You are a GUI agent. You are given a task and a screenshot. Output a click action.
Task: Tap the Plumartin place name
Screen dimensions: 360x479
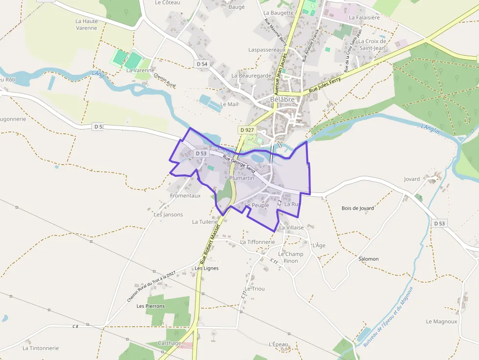[242, 178]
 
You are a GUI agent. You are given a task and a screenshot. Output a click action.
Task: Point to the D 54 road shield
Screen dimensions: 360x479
[202, 64]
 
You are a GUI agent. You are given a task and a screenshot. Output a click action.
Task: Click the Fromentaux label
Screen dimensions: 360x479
[185, 196]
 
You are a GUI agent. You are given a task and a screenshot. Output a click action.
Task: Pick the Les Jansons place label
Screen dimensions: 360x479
[168, 214]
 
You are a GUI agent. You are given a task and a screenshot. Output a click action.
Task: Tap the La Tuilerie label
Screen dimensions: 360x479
[205, 222]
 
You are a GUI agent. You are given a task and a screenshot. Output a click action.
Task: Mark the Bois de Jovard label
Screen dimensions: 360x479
[358, 208]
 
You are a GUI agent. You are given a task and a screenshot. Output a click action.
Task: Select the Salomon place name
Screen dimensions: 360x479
[369, 259]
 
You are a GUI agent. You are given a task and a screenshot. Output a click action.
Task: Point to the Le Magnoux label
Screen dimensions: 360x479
[441, 321]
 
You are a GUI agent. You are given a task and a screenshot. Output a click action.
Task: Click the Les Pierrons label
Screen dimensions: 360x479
[151, 306]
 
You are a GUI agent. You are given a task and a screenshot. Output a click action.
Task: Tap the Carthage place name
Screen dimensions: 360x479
[170, 343]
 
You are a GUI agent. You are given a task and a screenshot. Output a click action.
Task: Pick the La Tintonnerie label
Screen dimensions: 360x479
[41, 348]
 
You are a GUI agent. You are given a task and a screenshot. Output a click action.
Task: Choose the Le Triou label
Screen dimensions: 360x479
[255, 289]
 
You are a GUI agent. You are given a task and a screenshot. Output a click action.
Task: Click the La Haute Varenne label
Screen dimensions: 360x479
[87, 24]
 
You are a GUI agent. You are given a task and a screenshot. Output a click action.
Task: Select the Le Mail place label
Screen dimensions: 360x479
[229, 104]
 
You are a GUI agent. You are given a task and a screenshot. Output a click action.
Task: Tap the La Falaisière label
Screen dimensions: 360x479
[364, 17]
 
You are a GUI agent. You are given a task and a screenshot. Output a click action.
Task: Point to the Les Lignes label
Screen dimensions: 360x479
[207, 268]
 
